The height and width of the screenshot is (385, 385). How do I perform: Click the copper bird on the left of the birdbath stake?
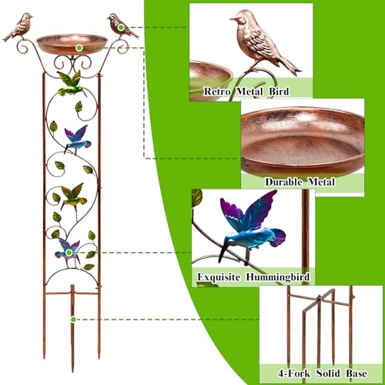(18, 27)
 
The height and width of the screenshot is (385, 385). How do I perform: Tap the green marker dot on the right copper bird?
(121, 27)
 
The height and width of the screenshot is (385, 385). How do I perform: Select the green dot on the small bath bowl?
(79, 48)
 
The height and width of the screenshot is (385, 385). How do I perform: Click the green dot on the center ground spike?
(73, 320)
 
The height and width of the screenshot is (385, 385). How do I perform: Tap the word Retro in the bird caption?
(217, 92)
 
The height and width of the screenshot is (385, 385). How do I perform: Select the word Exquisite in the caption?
(219, 277)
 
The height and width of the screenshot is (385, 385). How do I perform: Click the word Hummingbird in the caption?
(278, 277)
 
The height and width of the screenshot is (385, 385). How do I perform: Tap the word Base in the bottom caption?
(357, 373)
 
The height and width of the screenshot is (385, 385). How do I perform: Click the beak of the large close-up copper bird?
(233, 18)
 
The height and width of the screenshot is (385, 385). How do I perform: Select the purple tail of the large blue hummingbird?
(278, 237)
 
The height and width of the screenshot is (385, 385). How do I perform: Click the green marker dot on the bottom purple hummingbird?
(69, 253)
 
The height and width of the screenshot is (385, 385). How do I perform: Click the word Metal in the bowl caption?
(321, 182)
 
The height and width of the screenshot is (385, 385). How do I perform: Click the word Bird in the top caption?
(279, 92)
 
